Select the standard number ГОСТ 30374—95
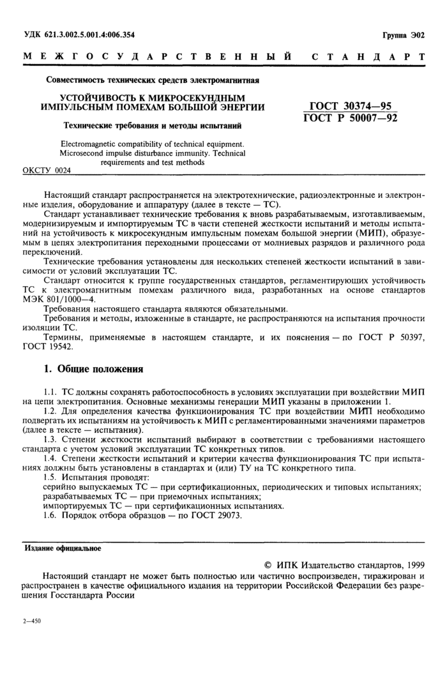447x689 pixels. click(x=351, y=105)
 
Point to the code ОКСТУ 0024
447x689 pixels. click(x=47, y=170)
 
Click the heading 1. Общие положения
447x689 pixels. click(x=93, y=368)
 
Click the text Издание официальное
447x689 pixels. click(x=63, y=548)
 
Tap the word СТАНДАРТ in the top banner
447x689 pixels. click(x=368, y=57)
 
